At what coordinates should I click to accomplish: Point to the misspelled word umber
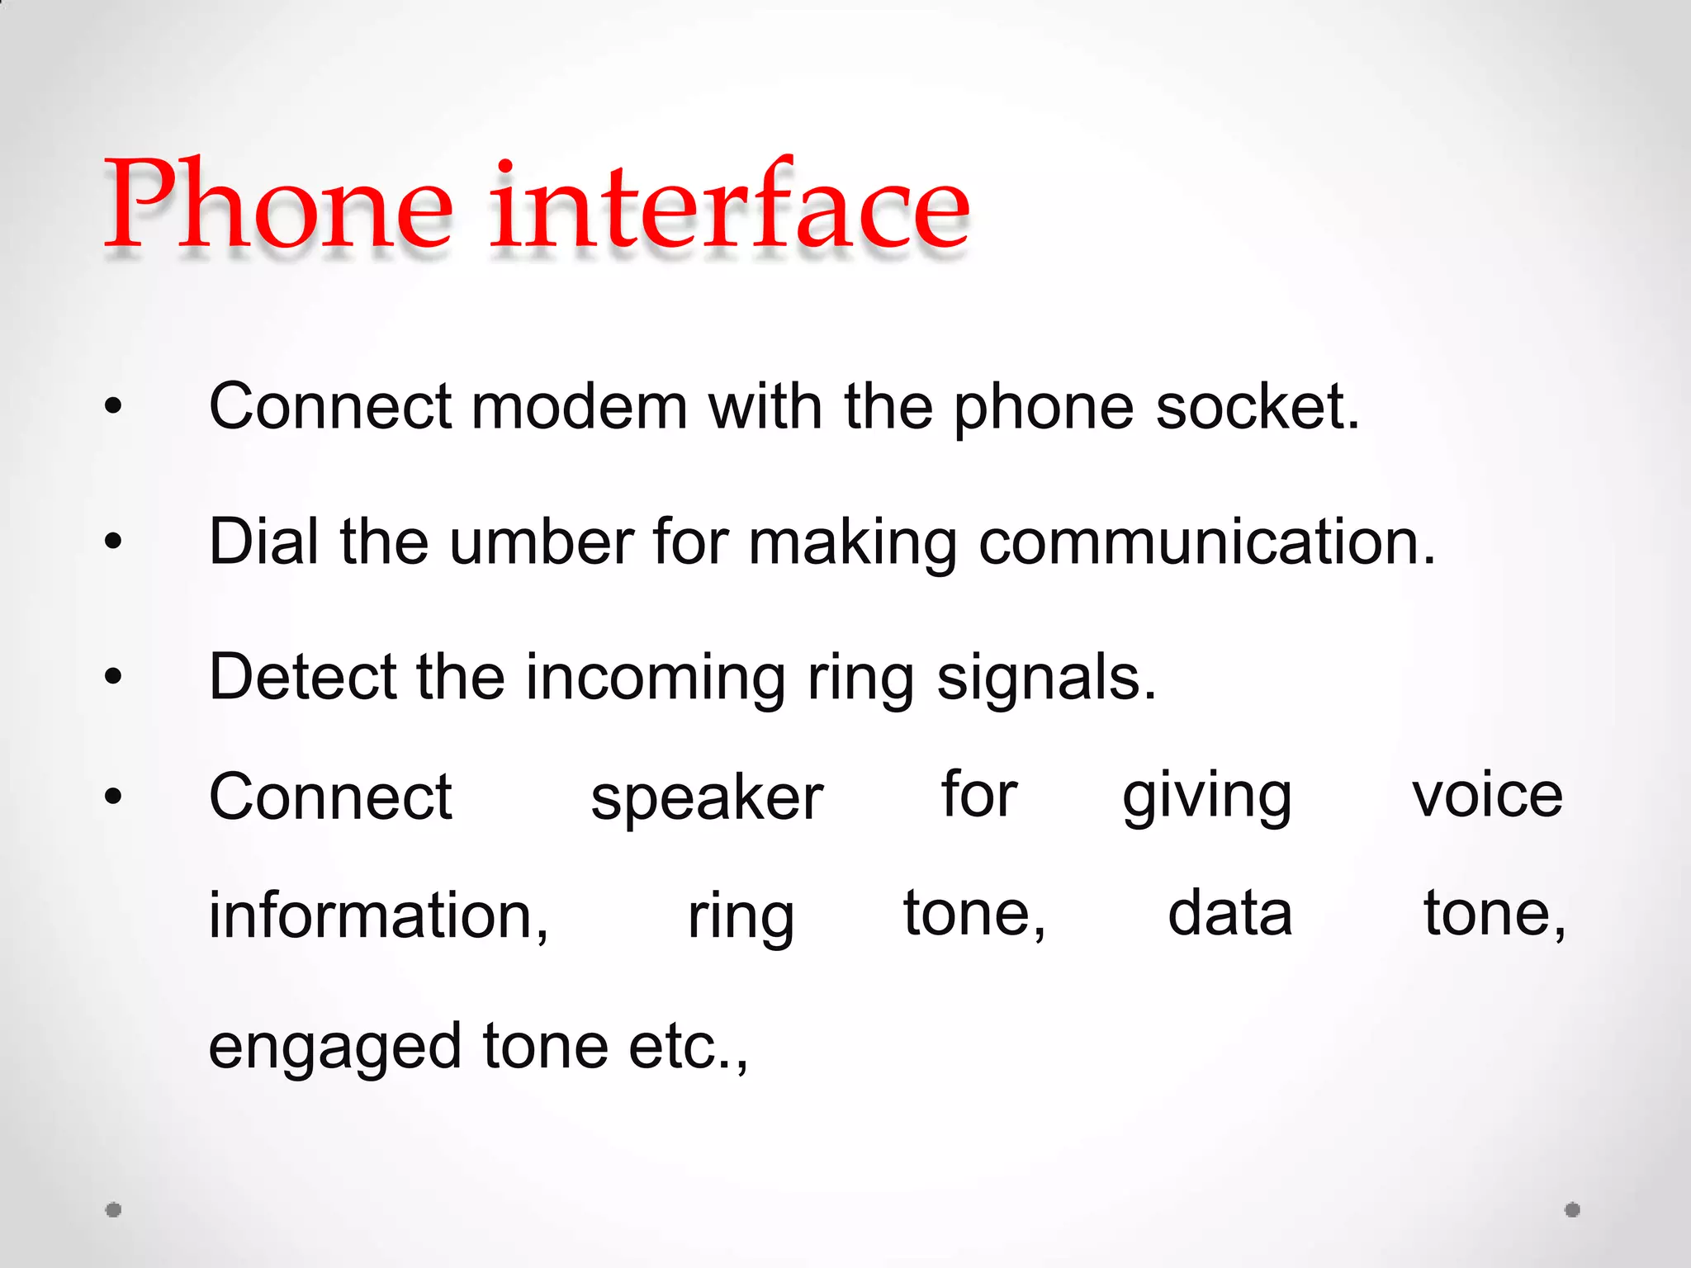pyautogui.click(x=542, y=542)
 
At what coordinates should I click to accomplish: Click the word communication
pyautogui.click(x=1206, y=542)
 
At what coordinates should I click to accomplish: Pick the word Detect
pyautogui.click(x=301, y=677)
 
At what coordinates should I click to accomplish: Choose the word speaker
pyautogui.click(x=707, y=798)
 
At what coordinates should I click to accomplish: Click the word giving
pyautogui.click(x=1206, y=798)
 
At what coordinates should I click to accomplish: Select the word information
pyautogui.click(x=377, y=916)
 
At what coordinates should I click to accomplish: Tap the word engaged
pyautogui.click(x=334, y=1048)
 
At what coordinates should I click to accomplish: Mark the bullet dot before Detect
pyautogui.click(x=114, y=677)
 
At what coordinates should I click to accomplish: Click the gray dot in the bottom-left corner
pyautogui.click(x=114, y=1209)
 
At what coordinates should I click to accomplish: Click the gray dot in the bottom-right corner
pyautogui.click(x=1572, y=1209)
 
